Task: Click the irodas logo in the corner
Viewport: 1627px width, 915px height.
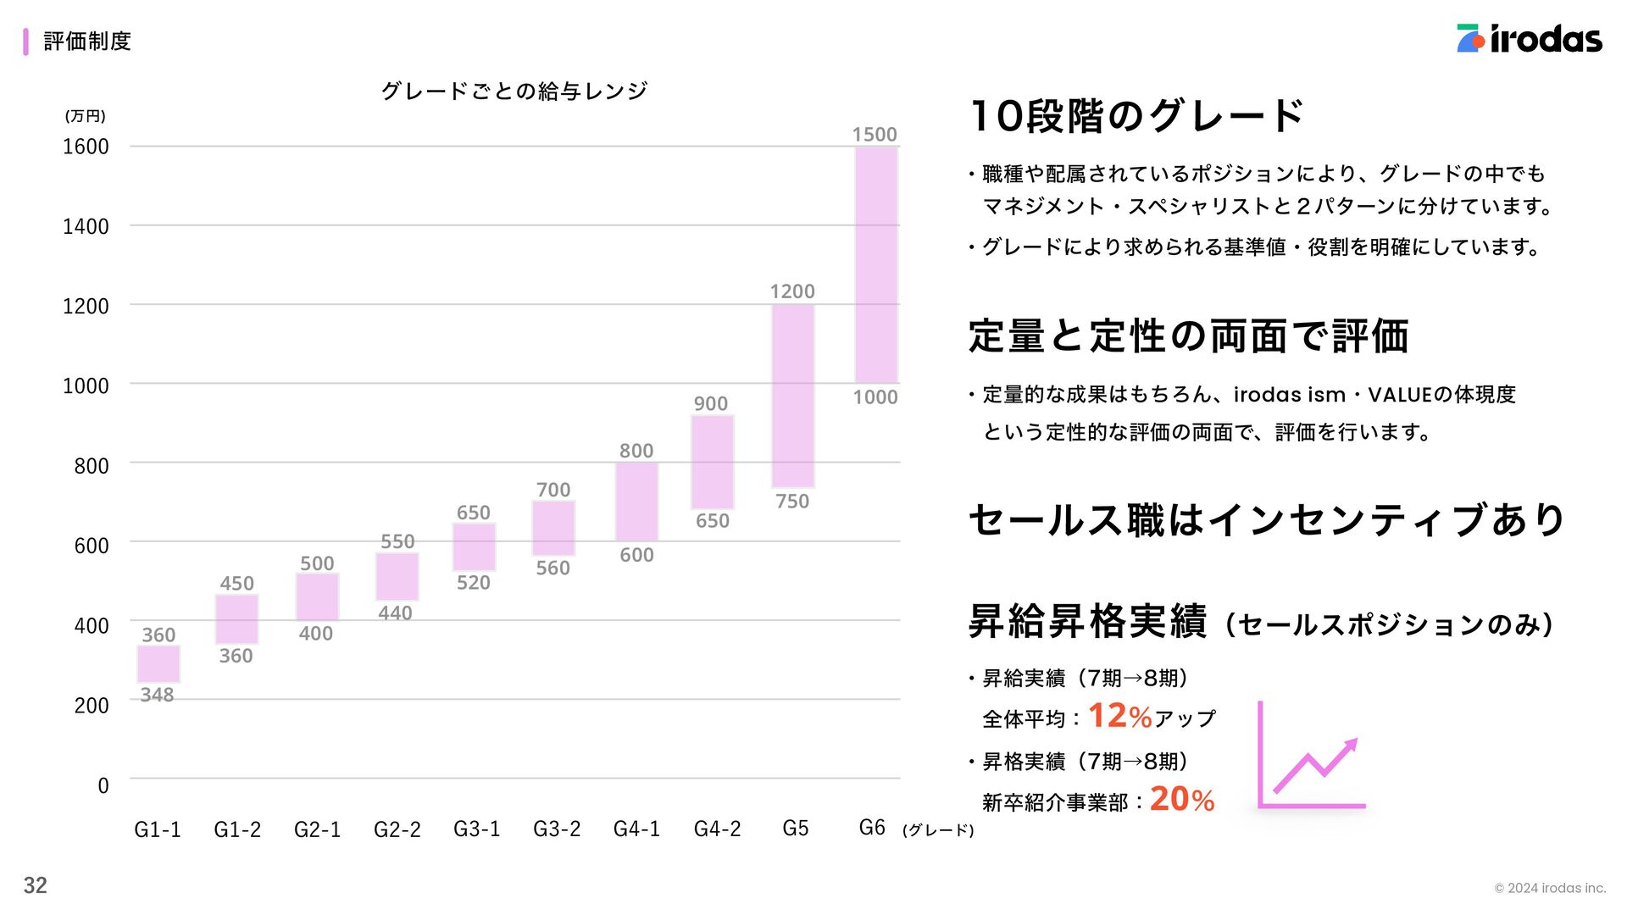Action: pos(1529,39)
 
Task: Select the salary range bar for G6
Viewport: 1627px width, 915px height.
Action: pos(876,264)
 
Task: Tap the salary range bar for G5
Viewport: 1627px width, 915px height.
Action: pos(792,396)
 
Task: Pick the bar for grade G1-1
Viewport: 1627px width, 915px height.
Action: pos(158,664)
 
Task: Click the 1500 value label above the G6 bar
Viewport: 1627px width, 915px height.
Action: pos(874,135)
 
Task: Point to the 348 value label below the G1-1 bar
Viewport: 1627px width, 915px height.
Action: pos(157,695)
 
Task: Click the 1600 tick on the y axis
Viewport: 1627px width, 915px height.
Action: pos(86,147)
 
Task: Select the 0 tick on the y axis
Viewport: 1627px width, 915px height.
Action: pos(103,785)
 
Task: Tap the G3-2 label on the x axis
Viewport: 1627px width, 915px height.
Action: pos(557,829)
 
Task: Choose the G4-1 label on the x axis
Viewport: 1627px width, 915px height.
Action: pos(636,829)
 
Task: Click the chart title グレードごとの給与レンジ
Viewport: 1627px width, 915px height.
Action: pos(514,91)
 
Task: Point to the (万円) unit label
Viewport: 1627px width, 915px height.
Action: pos(85,116)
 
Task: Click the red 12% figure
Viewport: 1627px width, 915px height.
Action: pos(1119,716)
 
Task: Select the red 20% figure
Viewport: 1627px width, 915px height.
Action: pos(1182,799)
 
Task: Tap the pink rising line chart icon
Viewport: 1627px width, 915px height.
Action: pos(1312,756)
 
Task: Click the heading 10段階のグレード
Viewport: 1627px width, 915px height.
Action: pos(1136,116)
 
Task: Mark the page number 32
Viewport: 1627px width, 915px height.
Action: pos(35,885)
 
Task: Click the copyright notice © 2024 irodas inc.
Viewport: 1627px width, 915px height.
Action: pos(1550,888)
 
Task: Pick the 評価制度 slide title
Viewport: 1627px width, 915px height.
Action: pos(87,41)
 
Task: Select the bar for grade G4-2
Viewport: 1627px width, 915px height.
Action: pos(713,462)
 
